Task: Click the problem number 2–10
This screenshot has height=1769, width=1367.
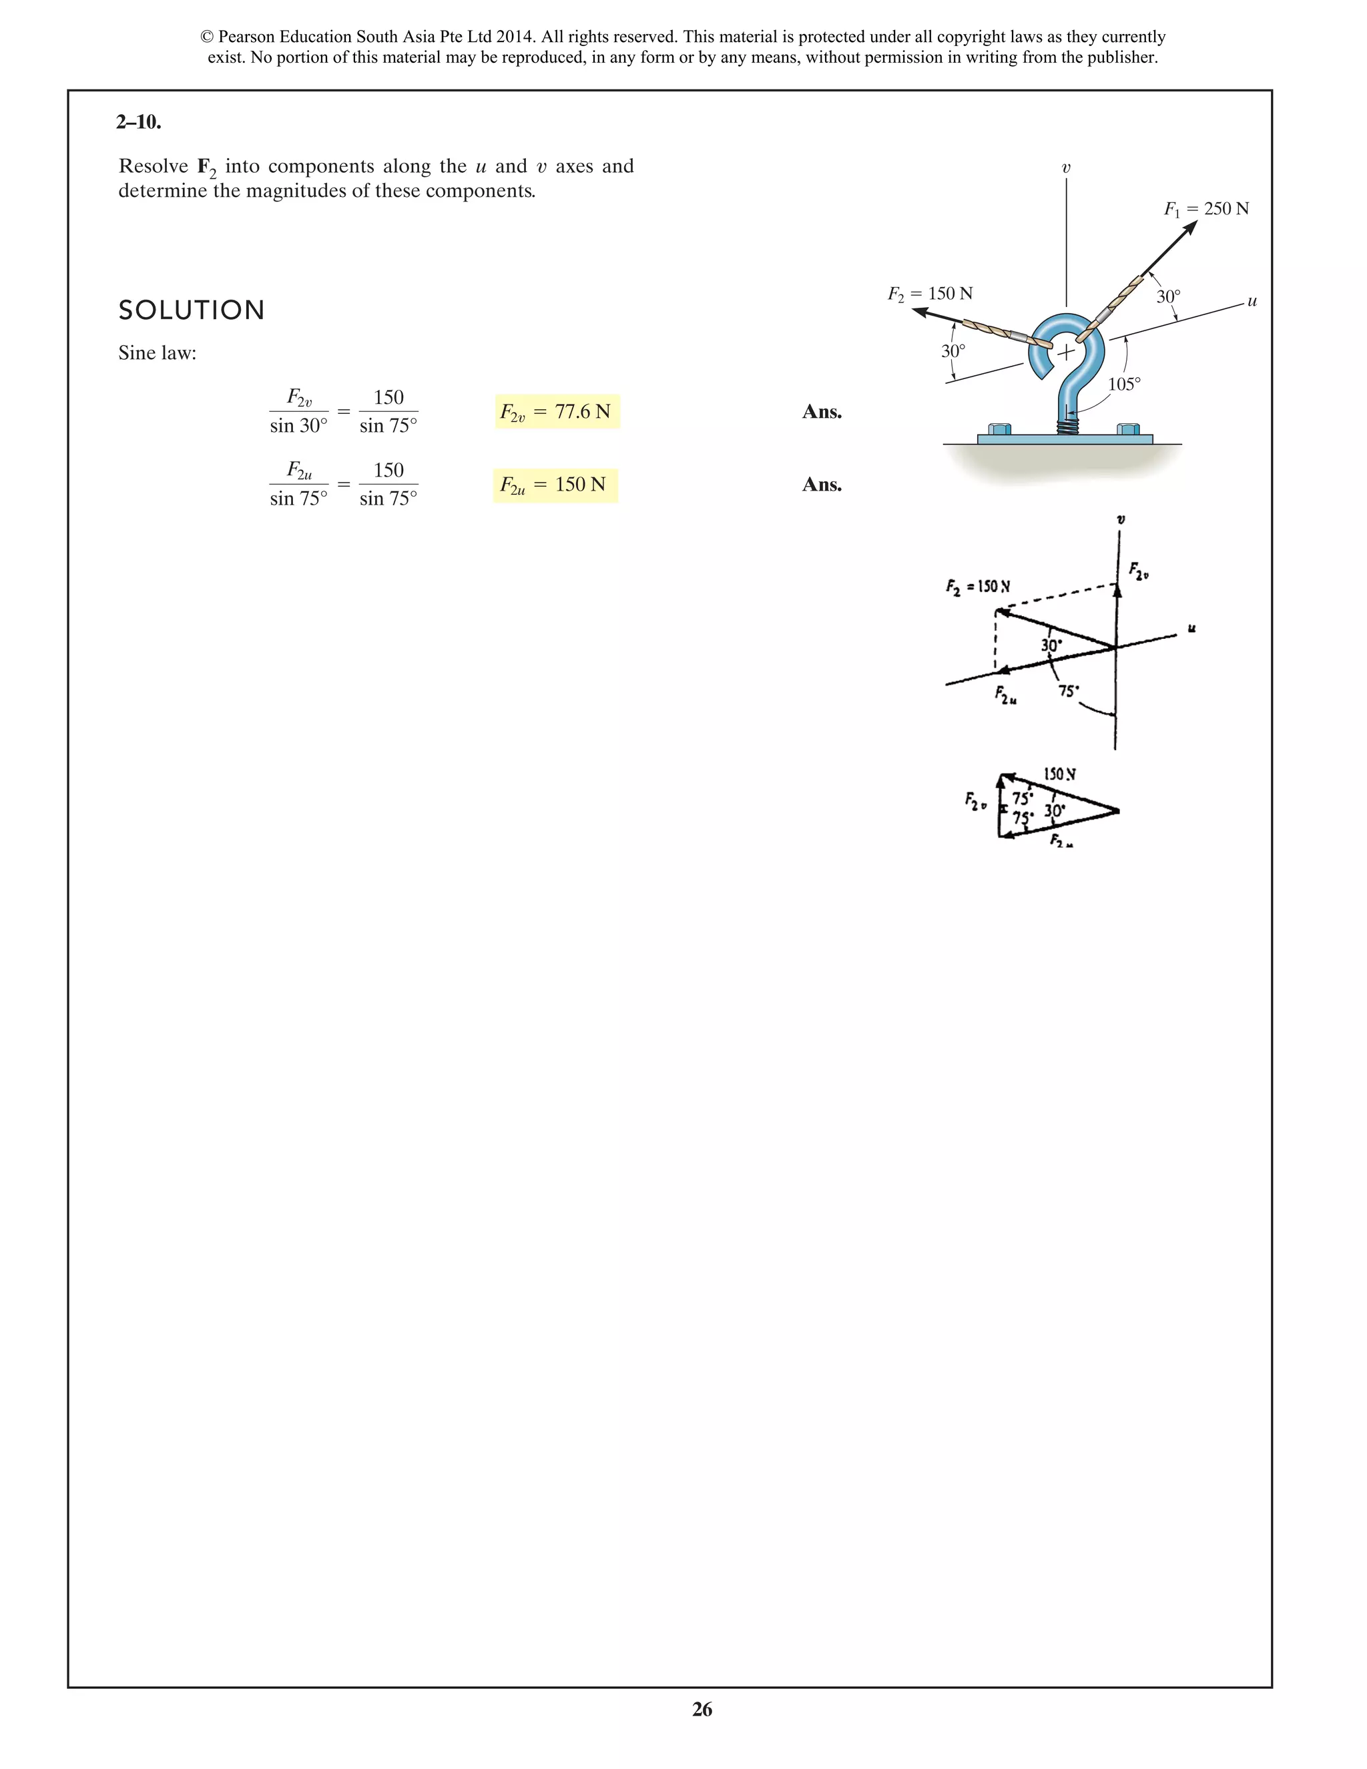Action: (x=138, y=122)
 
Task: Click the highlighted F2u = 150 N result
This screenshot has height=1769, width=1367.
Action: (x=555, y=485)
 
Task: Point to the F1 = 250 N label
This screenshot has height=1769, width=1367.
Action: (x=1206, y=209)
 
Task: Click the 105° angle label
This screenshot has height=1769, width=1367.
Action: (x=1124, y=384)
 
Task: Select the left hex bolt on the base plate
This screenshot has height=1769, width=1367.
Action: (x=999, y=429)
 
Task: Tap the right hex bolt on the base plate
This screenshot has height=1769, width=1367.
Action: (x=1128, y=429)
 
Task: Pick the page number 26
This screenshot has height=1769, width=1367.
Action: (x=702, y=1709)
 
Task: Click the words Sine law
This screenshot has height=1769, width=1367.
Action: (x=157, y=353)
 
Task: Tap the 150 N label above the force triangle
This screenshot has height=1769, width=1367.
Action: (x=1059, y=774)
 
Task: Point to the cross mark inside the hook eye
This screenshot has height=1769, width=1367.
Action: (x=1066, y=352)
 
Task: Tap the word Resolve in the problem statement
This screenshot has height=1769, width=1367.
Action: (x=153, y=167)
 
